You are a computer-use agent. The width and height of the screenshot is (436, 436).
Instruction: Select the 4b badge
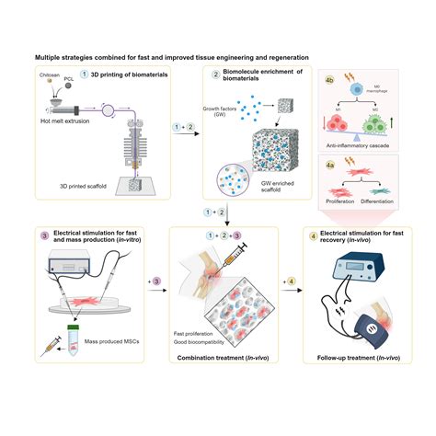pos(328,81)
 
